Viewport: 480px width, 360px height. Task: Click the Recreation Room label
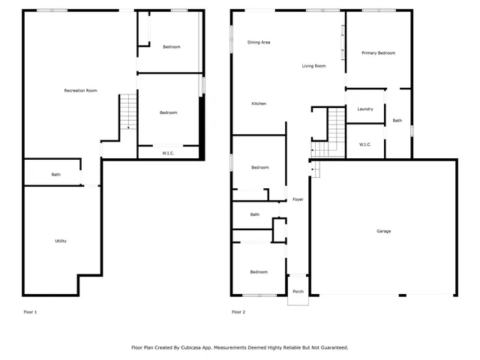pos(81,91)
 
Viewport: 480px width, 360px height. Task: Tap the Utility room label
pos(61,241)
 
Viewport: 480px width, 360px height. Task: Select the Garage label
pos(383,231)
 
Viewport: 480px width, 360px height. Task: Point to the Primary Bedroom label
pos(378,53)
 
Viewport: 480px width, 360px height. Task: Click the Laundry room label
pos(365,109)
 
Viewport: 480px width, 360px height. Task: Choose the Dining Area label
pos(259,43)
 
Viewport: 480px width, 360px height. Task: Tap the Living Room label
pos(313,66)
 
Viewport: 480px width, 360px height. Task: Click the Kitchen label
pos(259,103)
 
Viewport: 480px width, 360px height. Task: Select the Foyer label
pos(298,199)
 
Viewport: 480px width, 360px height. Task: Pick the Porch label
pos(298,291)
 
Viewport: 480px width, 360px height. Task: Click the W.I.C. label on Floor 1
pos(169,154)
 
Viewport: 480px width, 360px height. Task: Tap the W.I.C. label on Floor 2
pos(366,145)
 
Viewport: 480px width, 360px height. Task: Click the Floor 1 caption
pos(30,312)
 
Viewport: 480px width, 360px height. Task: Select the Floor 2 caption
pos(238,312)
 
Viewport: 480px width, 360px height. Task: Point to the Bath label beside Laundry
pos(397,121)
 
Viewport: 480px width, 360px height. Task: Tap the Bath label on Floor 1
pos(56,175)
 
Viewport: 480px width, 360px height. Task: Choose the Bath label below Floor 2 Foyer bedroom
pos(255,214)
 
